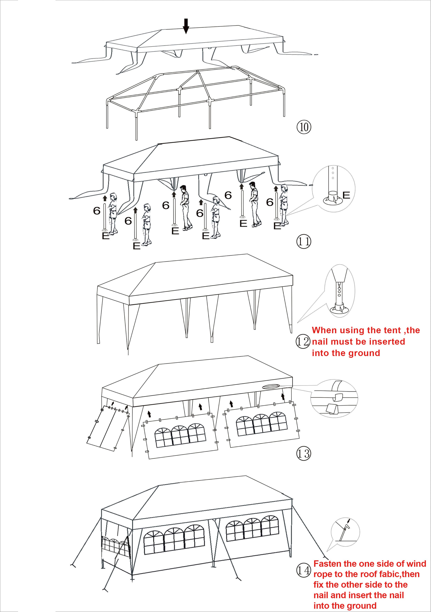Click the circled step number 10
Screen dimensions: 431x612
click(304, 127)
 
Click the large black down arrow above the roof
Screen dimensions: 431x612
click(186, 26)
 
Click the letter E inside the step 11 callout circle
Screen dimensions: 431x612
click(346, 195)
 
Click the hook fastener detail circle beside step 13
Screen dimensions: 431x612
click(334, 399)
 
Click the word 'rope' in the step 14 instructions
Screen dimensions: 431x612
click(322, 575)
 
